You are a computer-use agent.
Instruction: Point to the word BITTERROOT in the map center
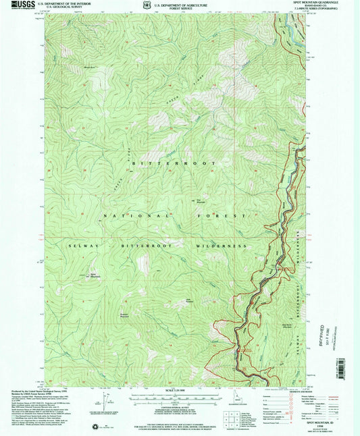click(x=176, y=164)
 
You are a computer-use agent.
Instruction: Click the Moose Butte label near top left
click(x=89, y=67)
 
